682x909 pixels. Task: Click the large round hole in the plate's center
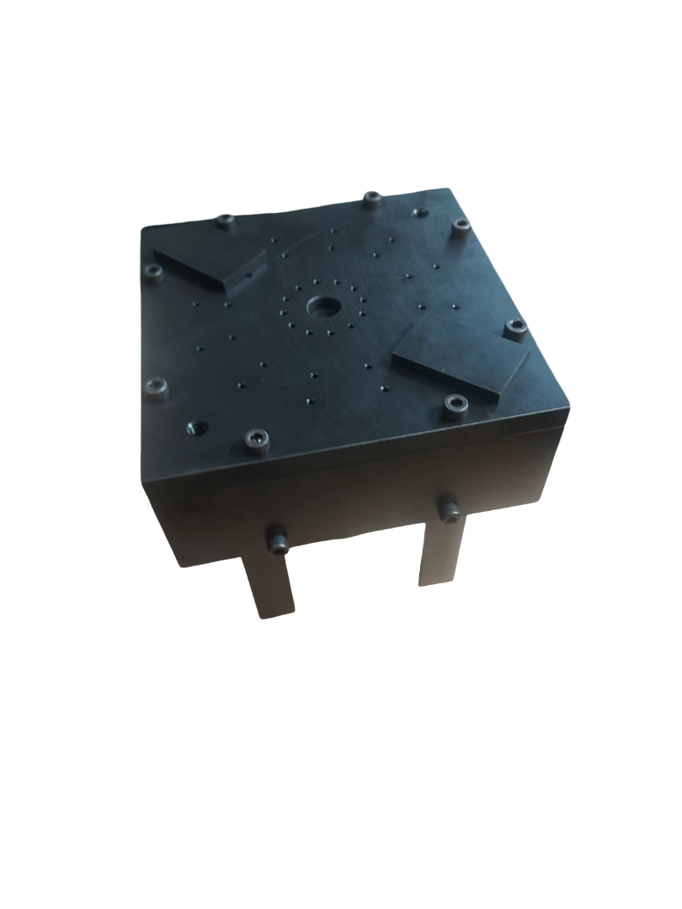click(x=322, y=306)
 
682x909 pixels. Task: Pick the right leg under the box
click(x=441, y=551)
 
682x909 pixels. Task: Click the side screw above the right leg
click(x=450, y=508)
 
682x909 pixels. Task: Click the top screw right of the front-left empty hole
click(x=257, y=438)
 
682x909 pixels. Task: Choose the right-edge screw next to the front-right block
click(x=517, y=329)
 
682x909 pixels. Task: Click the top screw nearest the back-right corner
click(x=460, y=226)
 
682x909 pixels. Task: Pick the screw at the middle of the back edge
click(x=372, y=199)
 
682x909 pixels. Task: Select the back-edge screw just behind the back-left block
click(x=225, y=222)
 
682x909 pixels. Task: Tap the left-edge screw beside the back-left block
click(x=153, y=271)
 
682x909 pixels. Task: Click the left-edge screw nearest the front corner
click(x=157, y=387)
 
